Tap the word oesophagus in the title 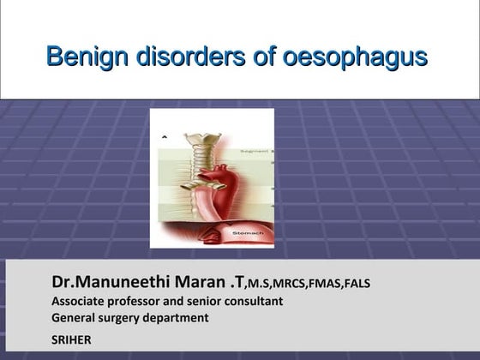pos(360,57)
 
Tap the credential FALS pos(357,284)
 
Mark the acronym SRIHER pos(71,340)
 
